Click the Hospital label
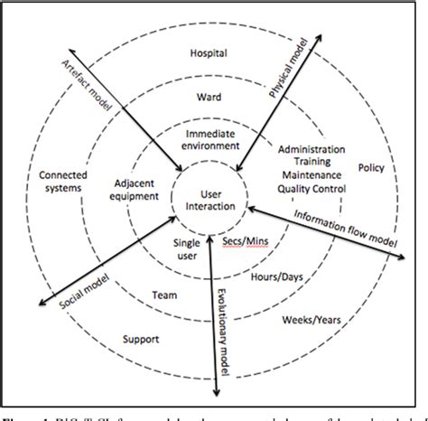pos(208,53)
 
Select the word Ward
pos(208,95)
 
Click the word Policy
pos(371,168)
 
